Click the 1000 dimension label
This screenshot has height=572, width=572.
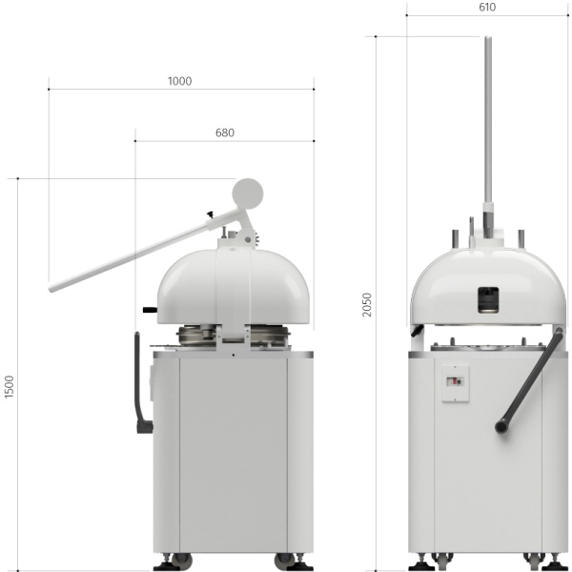click(x=179, y=81)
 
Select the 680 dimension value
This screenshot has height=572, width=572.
click(x=224, y=133)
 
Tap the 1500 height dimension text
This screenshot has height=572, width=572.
click(x=10, y=386)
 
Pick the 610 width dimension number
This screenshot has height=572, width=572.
click(x=487, y=8)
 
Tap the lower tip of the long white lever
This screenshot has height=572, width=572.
click(x=53, y=286)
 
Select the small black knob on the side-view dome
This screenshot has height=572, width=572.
click(x=149, y=310)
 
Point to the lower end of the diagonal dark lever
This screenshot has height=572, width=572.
click(x=501, y=428)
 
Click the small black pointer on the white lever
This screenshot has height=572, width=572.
click(x=209, y=215)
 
